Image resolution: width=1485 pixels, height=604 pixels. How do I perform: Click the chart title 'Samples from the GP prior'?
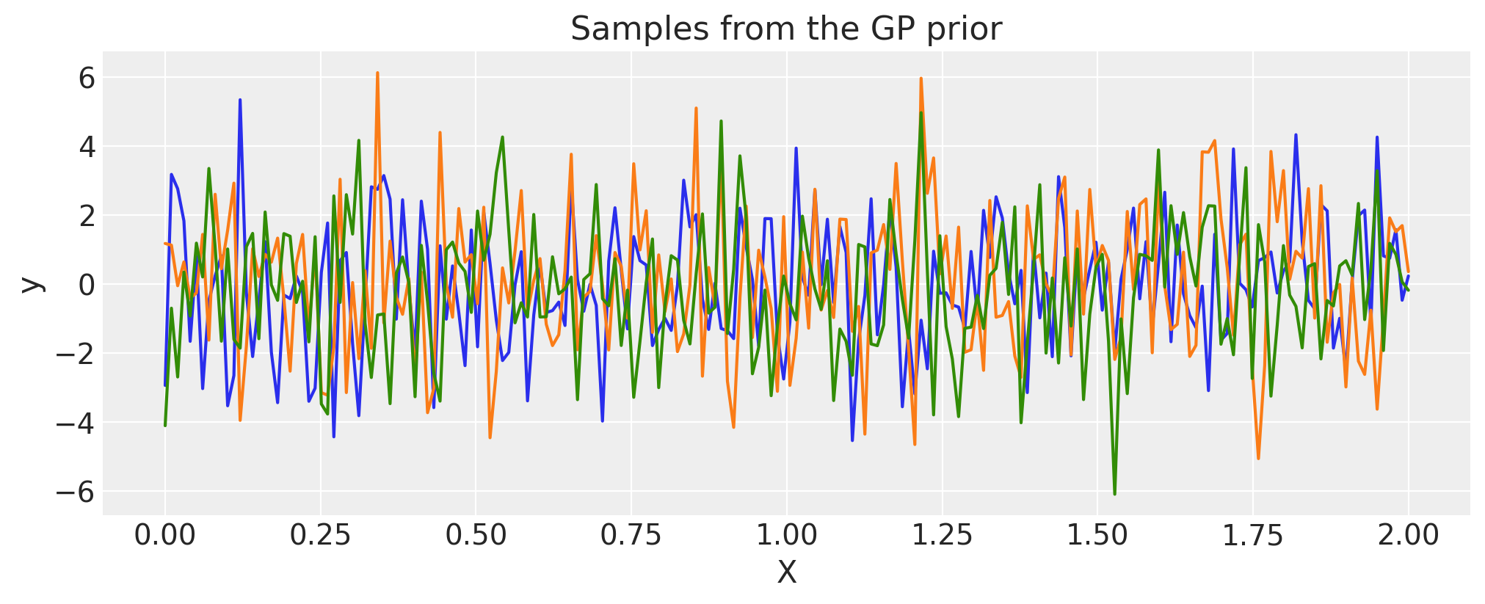click(x=785, y=29)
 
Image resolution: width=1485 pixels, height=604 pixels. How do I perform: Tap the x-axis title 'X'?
click(x=786, y=573)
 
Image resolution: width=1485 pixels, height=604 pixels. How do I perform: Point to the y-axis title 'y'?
click(x=30, y=284)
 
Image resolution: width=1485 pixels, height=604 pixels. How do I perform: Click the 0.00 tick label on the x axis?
click(x=165, y=536)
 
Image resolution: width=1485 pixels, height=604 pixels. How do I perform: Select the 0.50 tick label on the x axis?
click(x=476, y=536)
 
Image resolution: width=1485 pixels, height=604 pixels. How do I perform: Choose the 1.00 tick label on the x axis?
click(x=786, y=536)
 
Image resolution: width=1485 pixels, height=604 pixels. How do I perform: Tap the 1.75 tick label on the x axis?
click(x=1252, y=536)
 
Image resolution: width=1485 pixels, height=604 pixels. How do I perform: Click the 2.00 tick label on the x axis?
click(x=1408, y=536)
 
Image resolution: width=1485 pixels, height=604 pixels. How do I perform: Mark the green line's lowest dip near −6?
click(x=1114, y=494)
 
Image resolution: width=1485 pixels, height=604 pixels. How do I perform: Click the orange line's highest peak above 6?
click(x=377, y=73)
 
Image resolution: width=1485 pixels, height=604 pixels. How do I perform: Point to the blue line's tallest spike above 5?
click(x=240, y=100)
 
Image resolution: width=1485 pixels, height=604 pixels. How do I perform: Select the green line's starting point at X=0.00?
click(x=165, y=425)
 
